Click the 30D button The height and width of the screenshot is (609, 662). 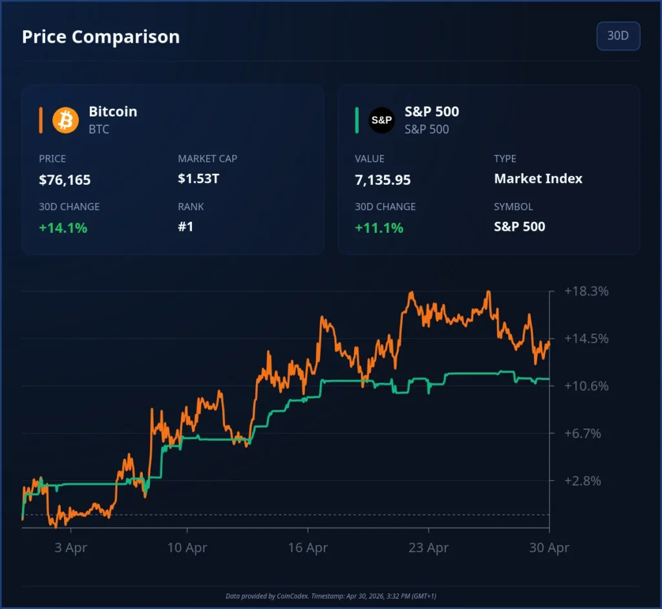click(x=618, y=36)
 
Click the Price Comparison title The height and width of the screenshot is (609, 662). click(x=101, y=37)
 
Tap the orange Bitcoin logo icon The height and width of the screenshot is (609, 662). click(x=65, y=120)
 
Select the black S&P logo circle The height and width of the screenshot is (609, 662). click(x=381, y=120)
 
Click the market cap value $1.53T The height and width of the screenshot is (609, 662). click(x=198, y=178)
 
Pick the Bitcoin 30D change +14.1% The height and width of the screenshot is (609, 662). click(x=63, y=228)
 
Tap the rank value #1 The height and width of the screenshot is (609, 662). click(x=186, y=227)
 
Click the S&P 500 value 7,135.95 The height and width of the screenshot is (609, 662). click(x=383, y=180)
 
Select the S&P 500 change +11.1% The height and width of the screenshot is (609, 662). click(x=379, y=228)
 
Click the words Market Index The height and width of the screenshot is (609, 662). click(x=538, y=178)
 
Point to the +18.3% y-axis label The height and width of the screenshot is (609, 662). click(x=586, y=291)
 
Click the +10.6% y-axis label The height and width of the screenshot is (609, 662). click(x=586, y=386)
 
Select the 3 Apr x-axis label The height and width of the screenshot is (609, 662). click(x=71, y=548)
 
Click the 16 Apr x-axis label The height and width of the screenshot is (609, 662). click(x=308, y=548)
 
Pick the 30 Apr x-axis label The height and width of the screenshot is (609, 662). click(x=549, y=548)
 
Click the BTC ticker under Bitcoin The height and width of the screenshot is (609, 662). click(x=99, y=129)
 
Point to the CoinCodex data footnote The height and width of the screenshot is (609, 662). click(x=331, y=595)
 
